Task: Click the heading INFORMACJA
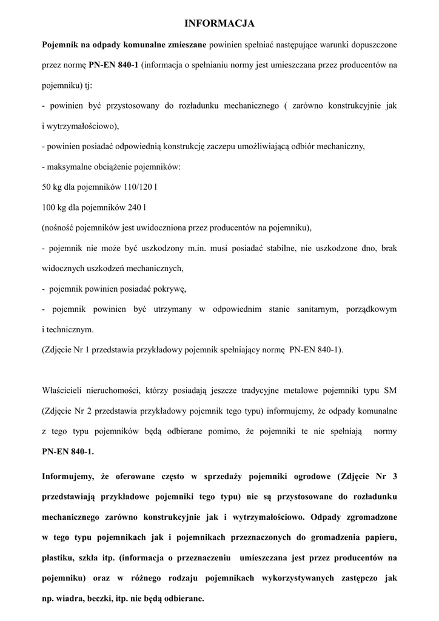pos(219,24)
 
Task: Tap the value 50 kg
pos(52,187)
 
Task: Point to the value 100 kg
pos(54,207)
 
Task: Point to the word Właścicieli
pos(65,389)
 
